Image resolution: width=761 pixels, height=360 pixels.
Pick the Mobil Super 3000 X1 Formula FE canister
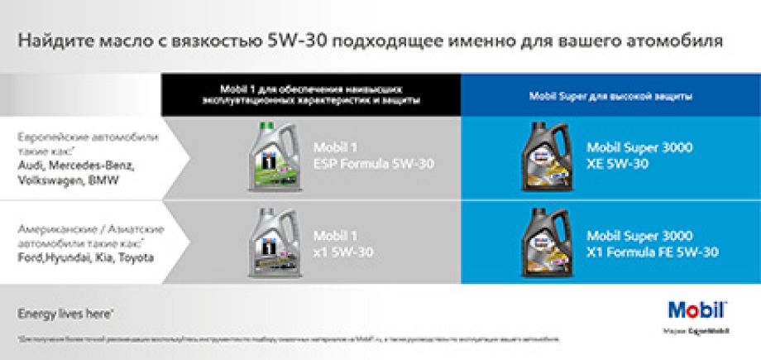click(548, 244)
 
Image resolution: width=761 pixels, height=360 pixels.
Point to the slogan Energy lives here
click(66, 314)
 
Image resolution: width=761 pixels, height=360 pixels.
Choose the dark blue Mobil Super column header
click(610, 96)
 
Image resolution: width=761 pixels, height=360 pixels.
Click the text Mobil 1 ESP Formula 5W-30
click(372, 156)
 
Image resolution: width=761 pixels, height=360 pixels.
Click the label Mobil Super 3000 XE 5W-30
click(639, 156)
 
